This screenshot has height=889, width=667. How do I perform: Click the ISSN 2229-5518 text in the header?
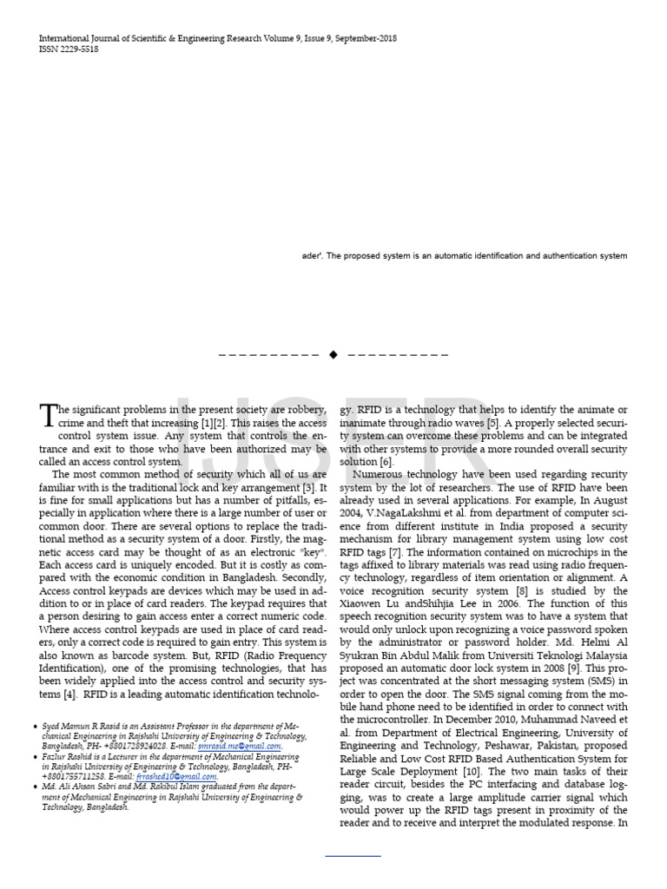click(69, 49)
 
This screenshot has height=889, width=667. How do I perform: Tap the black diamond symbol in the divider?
click(333, 354)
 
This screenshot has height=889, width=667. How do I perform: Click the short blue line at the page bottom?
click(353, 856)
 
